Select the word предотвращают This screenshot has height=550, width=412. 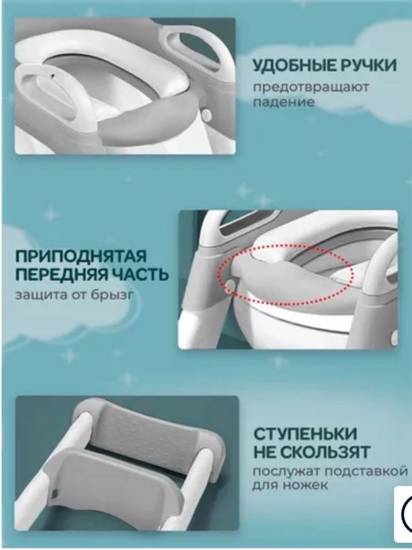point(309,86)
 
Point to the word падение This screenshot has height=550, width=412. point(283,101)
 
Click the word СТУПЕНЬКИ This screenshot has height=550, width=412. point(305,434)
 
